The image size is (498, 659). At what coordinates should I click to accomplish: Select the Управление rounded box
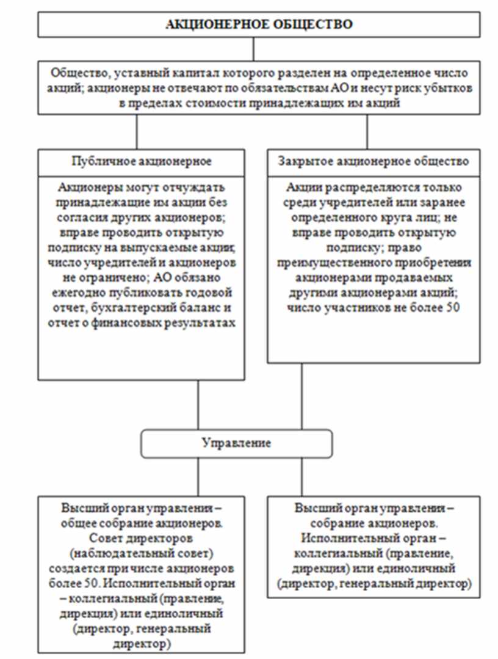[x=237, y=442]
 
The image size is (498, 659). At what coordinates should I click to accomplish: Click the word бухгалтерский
[x=131, y=305]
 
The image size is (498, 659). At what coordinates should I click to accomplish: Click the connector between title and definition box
[x=253, y=48]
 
